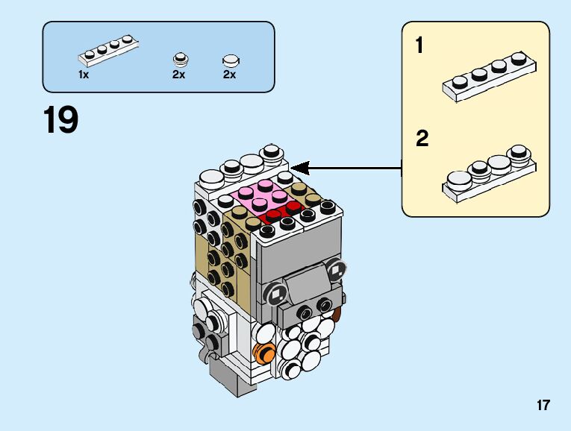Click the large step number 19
click(x=60, y=119)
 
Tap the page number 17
click(x=543, y=405)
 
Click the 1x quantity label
click(x=84, y=75)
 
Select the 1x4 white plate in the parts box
click(x=108, y=51)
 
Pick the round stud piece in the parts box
click(x=181, y=60)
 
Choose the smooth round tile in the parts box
click(x=231, y=60)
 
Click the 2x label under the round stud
click(x=179, y=75)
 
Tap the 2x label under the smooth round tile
click(x=229, y=75)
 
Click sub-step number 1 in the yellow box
click(x=419, y=45)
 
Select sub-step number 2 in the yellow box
click(x=422, y=139)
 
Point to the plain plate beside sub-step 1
click(x=489, y=77)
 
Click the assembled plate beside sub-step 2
click(x=489, y=173)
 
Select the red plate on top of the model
click(x=282, y=213)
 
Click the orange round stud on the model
click(x=263, y=353)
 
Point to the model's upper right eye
click(x=336, y=269)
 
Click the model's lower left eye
click(x=276, y=293)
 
